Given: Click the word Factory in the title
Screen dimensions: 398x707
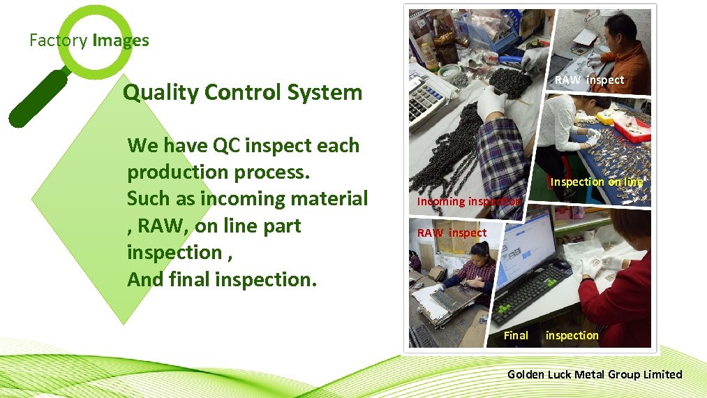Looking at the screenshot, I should (x=58, y=40).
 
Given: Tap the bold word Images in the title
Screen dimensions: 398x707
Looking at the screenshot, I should (x=120, y=40).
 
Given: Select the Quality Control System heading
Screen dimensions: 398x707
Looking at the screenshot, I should (x=242, y=92).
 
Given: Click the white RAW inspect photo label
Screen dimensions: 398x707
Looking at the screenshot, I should (x=589, y=80).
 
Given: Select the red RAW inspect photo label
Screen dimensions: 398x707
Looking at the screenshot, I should (x=452, y=233).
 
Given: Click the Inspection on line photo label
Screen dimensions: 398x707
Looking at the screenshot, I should (x=596, y=182).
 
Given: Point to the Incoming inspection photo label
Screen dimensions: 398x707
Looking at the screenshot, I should (x=468, y=201).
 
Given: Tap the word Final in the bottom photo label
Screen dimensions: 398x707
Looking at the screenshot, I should (x=516, y=335).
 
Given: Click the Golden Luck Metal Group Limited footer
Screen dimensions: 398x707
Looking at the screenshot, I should (x=595, y=374).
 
